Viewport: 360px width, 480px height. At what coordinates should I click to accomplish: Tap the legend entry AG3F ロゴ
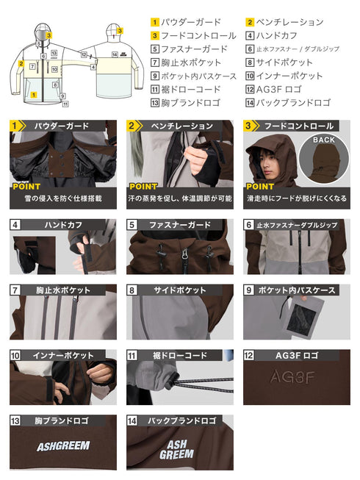pyautogui.click(x=284, y=89)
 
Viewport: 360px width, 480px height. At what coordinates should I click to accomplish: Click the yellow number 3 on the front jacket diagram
pyautogui.click(x=48, y=33)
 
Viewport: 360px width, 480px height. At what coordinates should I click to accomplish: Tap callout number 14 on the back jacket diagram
pyautogui.click(x=115, y=54)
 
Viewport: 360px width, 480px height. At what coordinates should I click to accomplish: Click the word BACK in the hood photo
pyautogui.click(x=323, y=140)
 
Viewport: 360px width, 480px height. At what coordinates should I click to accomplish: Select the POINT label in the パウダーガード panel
pyautogui.click(x=26, y=187)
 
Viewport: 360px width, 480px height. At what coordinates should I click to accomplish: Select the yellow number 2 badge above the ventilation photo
pyautogui.click(x=133, y=126)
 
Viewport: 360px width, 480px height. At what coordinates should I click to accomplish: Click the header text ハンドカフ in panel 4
pyautogui.click(x=64, y=224)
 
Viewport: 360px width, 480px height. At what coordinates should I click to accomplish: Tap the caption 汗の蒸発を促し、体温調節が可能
pyautogui.click(x=180, y=198)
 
